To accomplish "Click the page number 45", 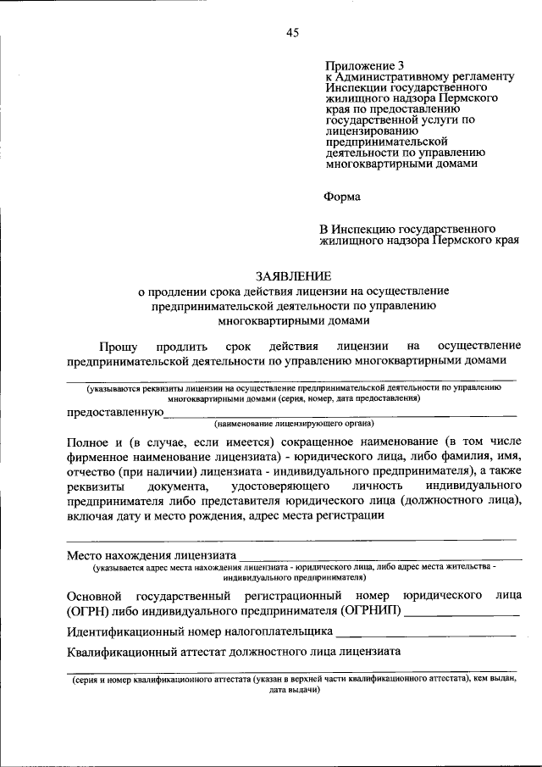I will coord(292,33).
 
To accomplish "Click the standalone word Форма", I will coord(342,197).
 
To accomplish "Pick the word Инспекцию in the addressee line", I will coord(369,230).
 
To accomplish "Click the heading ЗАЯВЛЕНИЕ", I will coord(294,275).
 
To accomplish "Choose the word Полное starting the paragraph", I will coord(87,442).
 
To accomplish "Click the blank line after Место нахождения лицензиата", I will coord(378,556).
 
